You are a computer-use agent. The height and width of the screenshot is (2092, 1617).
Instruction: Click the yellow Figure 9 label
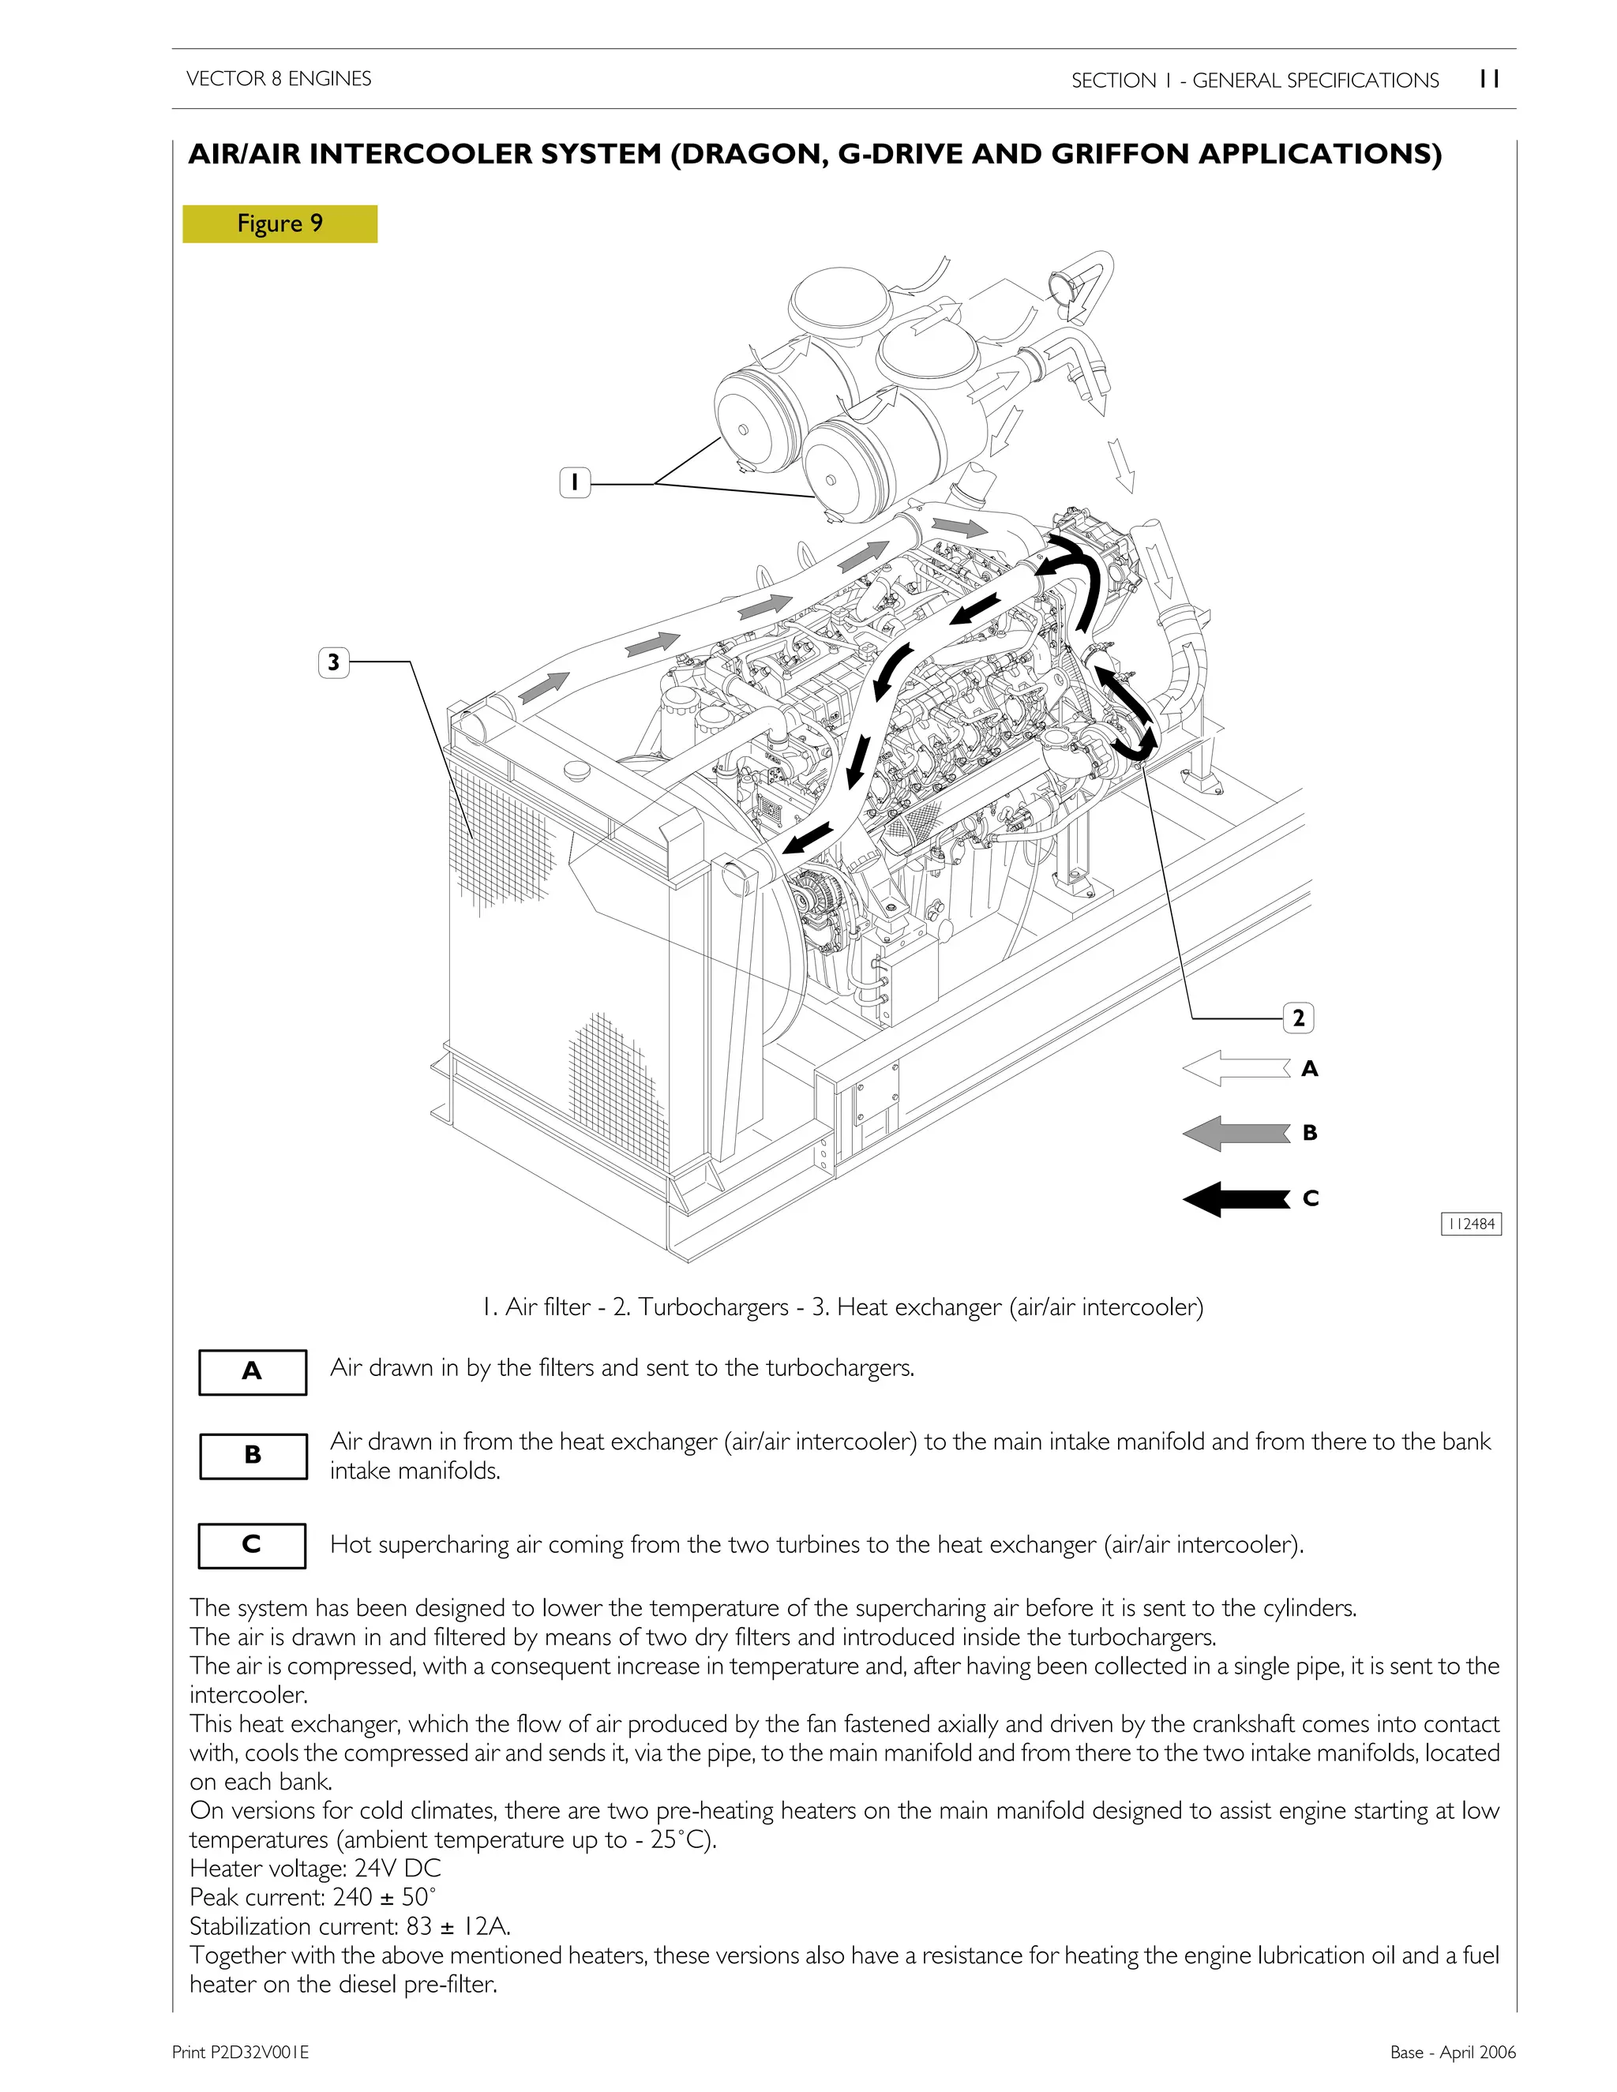(280, 224)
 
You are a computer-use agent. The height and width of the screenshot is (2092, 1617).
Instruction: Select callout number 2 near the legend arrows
(1298, 1018)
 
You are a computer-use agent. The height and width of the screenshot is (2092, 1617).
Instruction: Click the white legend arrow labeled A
(1236, 1068)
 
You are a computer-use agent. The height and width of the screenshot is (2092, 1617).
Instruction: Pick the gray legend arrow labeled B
(1236, 1133)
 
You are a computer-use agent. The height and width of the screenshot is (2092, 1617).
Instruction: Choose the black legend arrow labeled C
(1236, 1198)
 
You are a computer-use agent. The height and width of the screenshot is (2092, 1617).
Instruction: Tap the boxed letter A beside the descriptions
(252, 1372)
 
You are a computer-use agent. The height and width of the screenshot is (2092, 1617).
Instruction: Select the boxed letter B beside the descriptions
(253, 1455)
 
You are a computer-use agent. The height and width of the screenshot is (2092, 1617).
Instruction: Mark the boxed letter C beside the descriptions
(252, 1544)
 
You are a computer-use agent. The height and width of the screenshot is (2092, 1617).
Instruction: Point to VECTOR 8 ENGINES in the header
(279, 78)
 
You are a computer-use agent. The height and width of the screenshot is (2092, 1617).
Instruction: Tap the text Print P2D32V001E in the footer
(241, 2051)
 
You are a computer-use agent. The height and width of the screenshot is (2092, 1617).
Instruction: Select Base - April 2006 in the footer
(1452, 2051)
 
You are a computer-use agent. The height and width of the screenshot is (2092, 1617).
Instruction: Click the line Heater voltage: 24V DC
(315, 1869)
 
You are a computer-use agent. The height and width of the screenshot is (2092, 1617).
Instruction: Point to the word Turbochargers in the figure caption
(713, 1307)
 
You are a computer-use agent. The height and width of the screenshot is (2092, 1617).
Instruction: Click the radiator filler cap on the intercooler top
(580, 770)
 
